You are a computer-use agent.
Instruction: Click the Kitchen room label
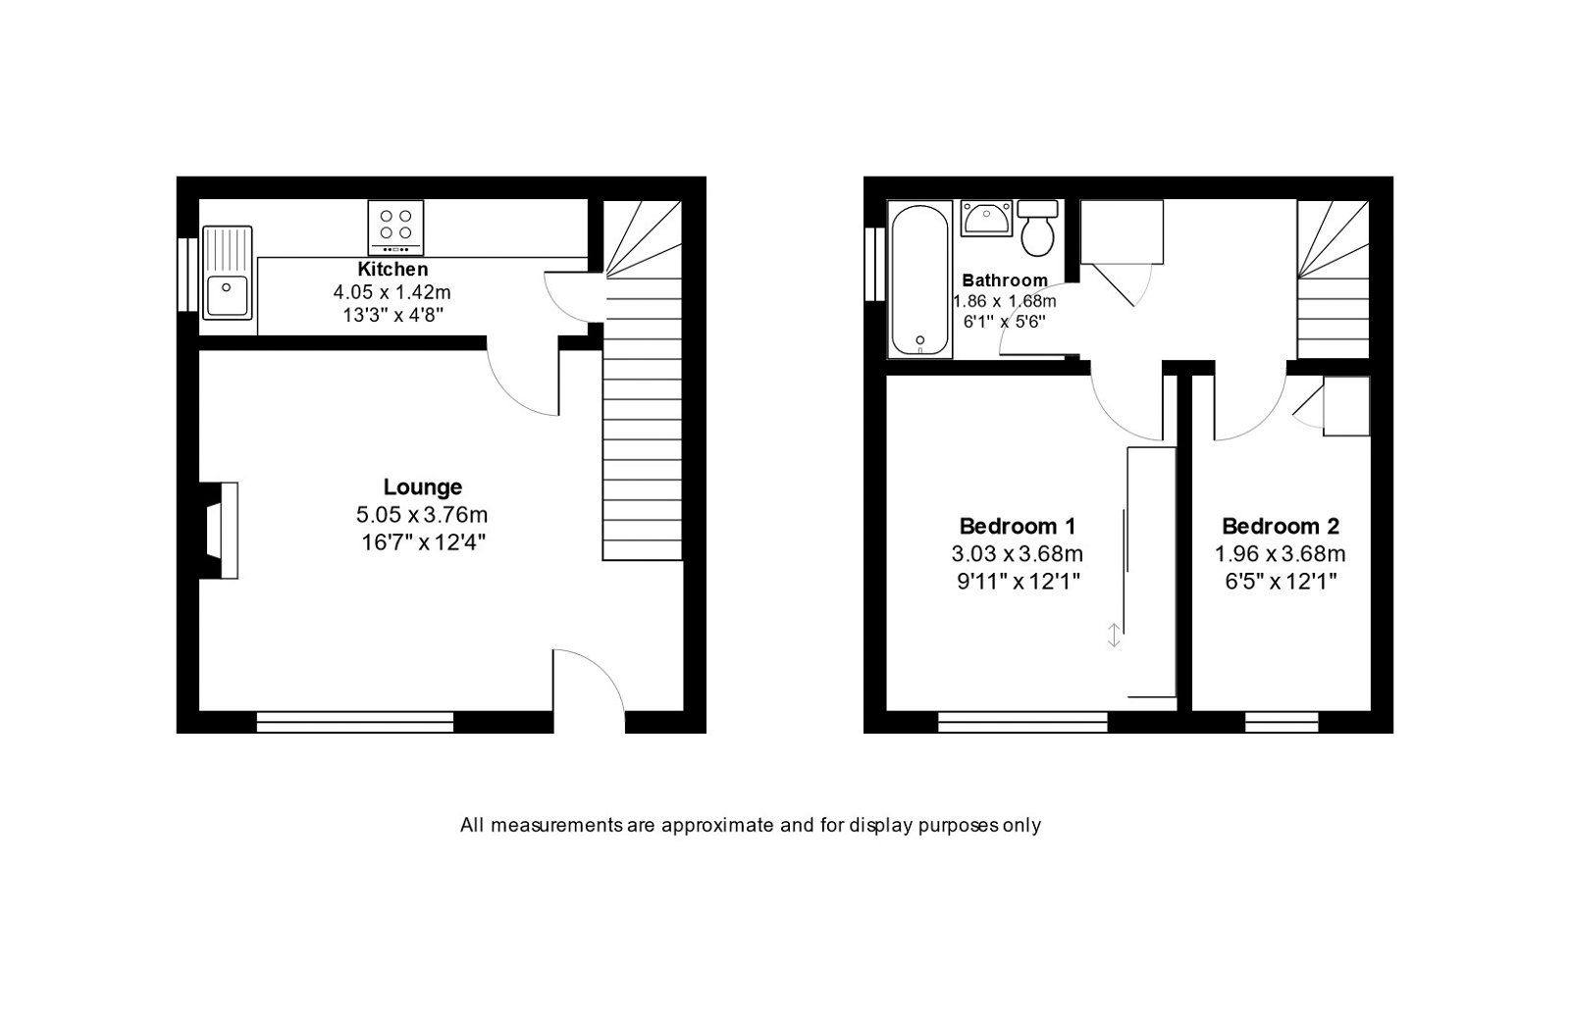(392, 269)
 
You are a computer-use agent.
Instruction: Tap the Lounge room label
(422, 486)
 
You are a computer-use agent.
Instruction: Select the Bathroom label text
(1005, 281)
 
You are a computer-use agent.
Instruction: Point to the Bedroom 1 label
(1009, 526)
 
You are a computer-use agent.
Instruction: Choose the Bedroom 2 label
(1281, 526)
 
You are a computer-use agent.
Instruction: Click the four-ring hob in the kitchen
(396, 227)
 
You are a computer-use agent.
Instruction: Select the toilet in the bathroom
(1037, 227)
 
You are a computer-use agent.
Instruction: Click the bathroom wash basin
(986, 218)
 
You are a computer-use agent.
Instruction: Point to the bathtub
(919, 280)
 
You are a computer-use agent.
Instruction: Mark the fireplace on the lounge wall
(220, 530)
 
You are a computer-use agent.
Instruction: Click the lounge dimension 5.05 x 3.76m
(422, 514)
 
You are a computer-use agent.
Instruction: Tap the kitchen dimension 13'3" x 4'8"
(392, 314)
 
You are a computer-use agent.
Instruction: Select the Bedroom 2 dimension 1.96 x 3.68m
(1281, 553)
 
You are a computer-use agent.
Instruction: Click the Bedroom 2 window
(1282, 724)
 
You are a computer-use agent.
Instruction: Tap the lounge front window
(355, 724)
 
